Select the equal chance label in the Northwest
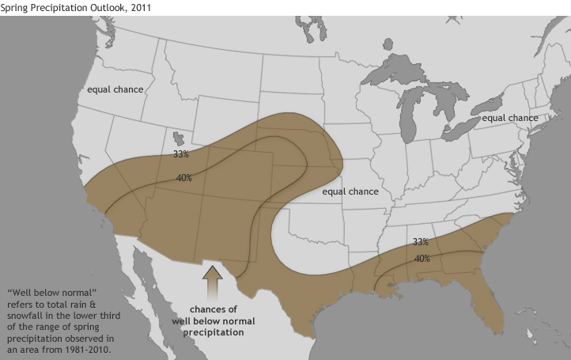115,89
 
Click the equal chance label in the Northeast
510,118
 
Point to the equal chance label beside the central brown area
350,191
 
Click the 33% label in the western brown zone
180,153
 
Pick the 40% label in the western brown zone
184,178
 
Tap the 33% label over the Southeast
421,242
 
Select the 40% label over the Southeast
422,258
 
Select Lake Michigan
408,111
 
